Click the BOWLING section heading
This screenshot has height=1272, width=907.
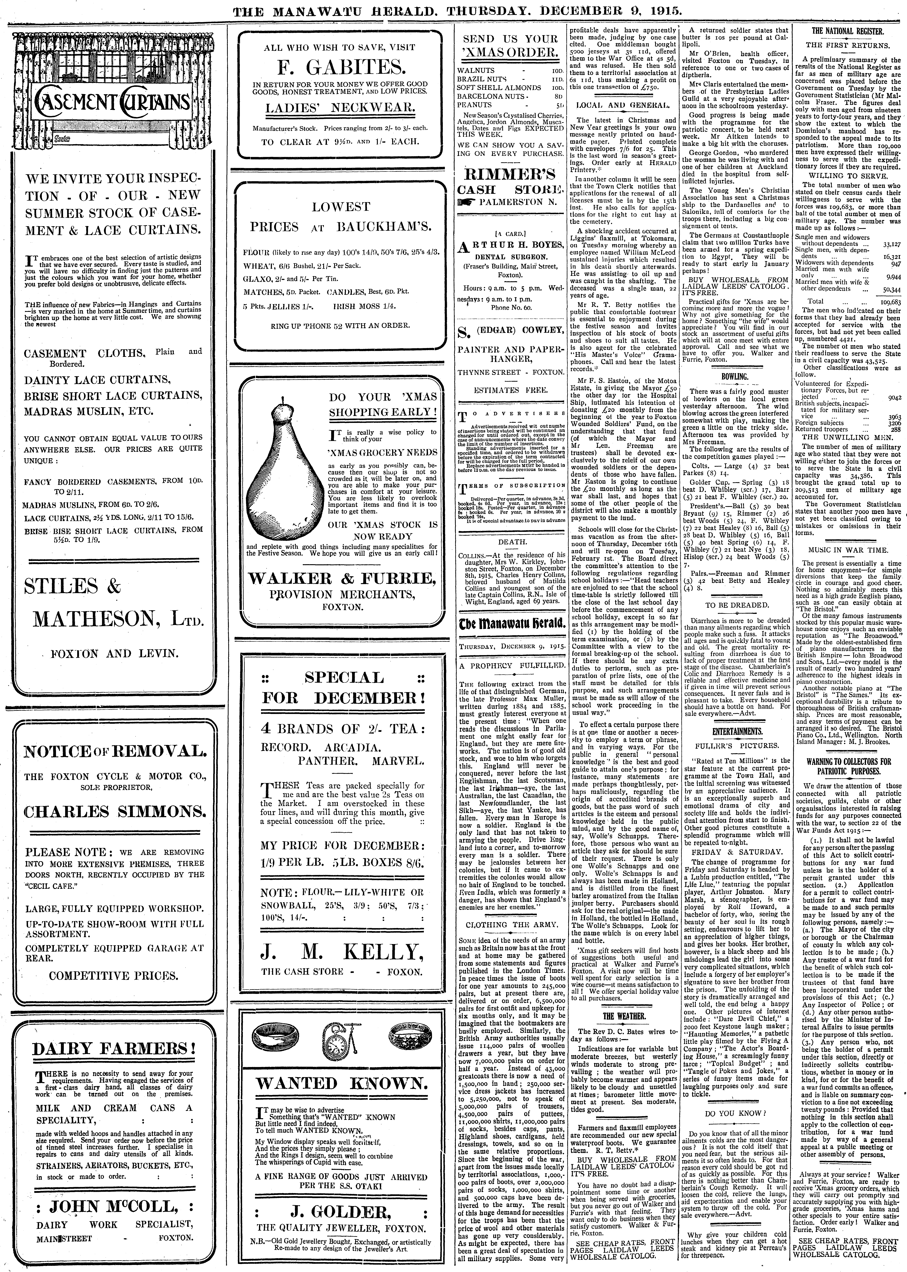coord(734,377)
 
